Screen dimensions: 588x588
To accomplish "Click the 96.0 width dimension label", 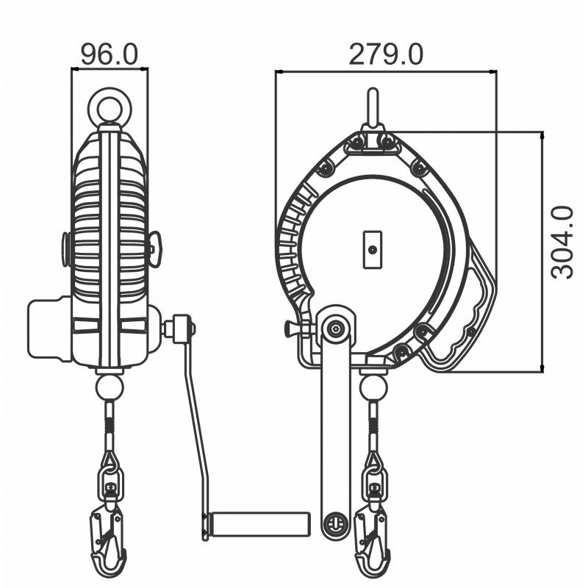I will click(x=110, y=54).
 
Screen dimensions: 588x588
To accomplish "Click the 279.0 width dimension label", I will click(x=385, y=54).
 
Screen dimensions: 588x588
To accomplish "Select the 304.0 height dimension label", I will click(x=563, y=243).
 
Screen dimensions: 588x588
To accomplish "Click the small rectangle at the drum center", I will click(x=373, y=250).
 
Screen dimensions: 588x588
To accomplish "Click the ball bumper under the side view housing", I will click(x=110, y=385).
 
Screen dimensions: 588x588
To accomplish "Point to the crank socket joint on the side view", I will click(x=180, y=328).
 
